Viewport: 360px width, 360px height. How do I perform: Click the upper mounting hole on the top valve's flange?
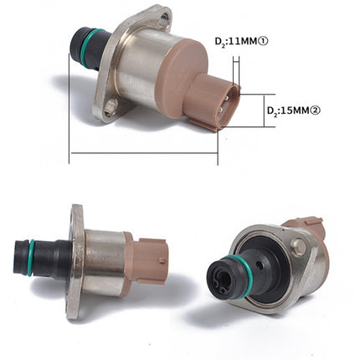click(x=164, y=16)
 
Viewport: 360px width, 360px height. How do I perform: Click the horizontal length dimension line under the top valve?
click(x=142, y=153)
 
